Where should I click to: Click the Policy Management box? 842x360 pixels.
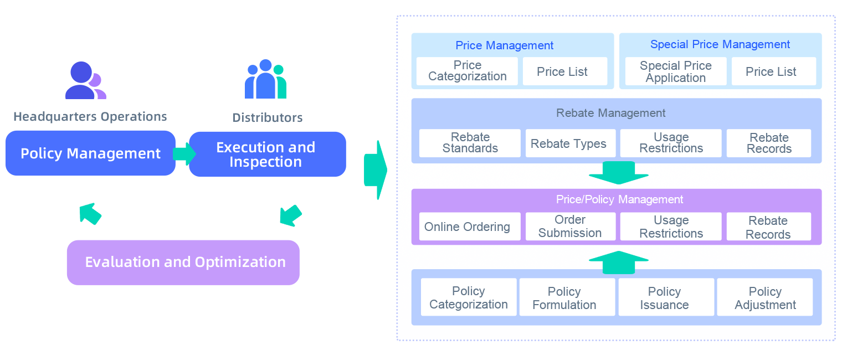[x=91, y=153]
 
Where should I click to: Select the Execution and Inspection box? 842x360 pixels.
[x=267, y=155]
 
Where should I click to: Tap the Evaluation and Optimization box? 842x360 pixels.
[x=183, y=262]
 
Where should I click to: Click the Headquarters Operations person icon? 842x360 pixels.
[x=85, y=81]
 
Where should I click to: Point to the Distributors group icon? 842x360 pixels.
[x=266, y=79]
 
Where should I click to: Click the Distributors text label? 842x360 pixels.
[x=268, y=117]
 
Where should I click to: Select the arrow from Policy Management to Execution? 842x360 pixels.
[x=184, y=154]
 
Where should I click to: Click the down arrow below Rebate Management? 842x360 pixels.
[x=618, y=173]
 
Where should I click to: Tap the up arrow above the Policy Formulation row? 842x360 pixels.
[x=618, y=262]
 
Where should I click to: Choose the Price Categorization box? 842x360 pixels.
[x=467, y=71]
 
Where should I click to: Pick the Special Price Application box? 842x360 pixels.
[x=675, y=71]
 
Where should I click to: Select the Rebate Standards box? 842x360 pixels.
[x=470, y=143]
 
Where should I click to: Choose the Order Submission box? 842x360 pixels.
[x=570, y=227]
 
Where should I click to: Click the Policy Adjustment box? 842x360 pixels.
[x=764, y=297]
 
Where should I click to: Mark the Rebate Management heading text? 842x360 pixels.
[x=610, y=113]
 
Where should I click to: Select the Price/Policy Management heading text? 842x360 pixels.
[x=619, y=199]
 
